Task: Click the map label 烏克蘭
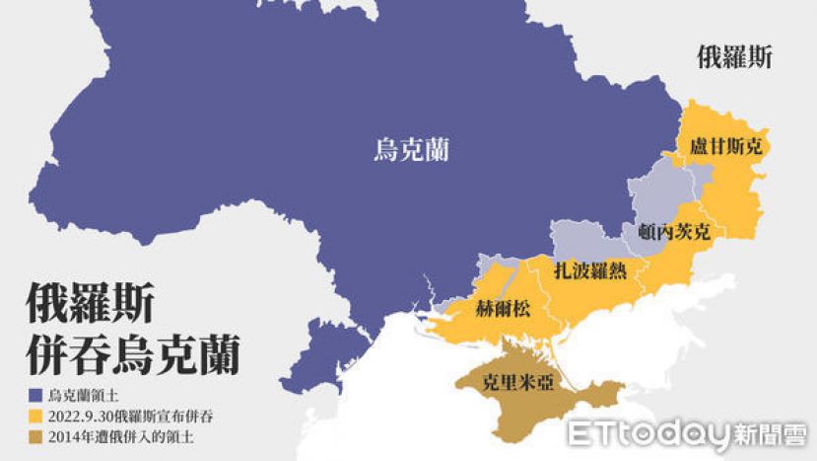point(411,150)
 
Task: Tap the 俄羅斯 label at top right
point(733,57)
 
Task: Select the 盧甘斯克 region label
point(726,148)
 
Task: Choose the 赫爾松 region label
point(502,307)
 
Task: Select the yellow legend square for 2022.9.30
point(34,416)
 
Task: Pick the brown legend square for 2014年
point(34,437)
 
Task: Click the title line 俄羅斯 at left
point(89,300)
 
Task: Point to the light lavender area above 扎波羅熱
point(582,238)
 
